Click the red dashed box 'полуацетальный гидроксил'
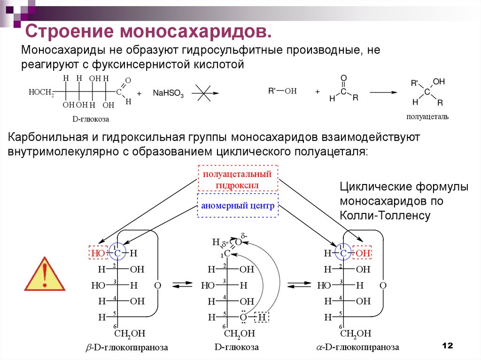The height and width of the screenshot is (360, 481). click(x=238, y=179)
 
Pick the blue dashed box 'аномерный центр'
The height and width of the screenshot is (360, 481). click(x=238, y=206)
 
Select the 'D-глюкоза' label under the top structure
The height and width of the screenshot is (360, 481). click(x=90, y=119)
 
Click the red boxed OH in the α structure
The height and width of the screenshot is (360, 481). click(x=363, y=253)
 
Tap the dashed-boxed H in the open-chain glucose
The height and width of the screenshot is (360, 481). click(x=262, y=317)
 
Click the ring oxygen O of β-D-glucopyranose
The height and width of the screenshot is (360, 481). click(x=158, y=285)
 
